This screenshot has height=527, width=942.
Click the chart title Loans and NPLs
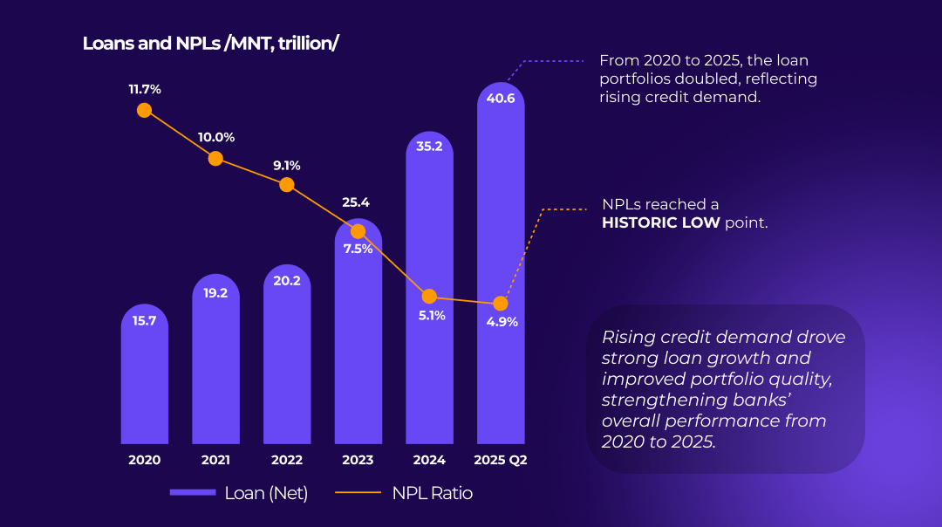pyautogui.click(x=210, y=44)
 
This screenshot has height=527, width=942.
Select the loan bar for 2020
pyautogui.click(x=144, y=373)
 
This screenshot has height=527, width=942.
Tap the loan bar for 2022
pyautogui.click(x=287, y=354)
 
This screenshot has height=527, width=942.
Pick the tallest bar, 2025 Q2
pyautogui.click(x=501, y=263)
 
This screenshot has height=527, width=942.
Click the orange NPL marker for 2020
pyautogui.click(x=144, y=110)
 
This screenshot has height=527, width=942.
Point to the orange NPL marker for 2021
pyautogui.click(x=215, y=159)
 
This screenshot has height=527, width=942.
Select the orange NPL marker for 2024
pyautogui.click(x=429, y=297)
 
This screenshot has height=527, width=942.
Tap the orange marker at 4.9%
pyautogui.click(x=501, y=304)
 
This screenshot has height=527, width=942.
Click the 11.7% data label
pyautogui.click(x=145, y=90)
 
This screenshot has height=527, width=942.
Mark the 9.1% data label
pyautogui.click(x=287, y=165)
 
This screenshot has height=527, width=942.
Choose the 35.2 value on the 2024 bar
pyautogui.click(x=429, y=146)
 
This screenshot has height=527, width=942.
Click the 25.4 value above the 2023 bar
pyautogui.click(x=356, y=202)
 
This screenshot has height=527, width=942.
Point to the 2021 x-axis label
pyautogui.click(x=215, y=460)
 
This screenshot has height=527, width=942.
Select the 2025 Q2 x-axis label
pyautogui.click(x=501, y=460)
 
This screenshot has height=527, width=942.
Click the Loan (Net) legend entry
pyautogui.click(x=239, y=493)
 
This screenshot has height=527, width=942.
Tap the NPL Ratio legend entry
pyautogui.click(x=404, y=493)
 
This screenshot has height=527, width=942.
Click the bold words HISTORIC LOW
pyautogui.click(x=661, y=222)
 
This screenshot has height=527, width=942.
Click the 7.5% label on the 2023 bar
pyautogui.click(x=358, y=249)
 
